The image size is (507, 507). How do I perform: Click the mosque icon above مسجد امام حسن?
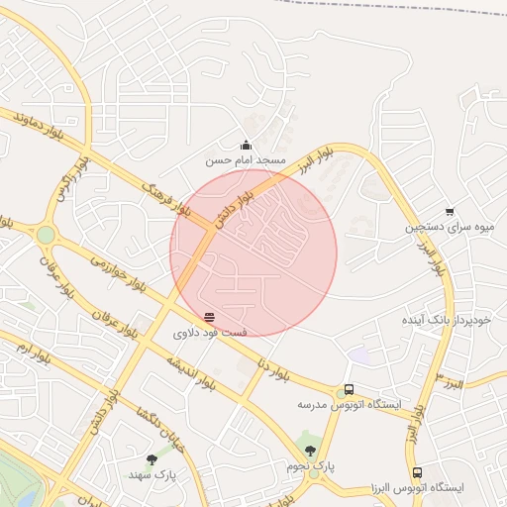coord(246,146)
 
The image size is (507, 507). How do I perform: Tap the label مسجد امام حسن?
coord(246,159)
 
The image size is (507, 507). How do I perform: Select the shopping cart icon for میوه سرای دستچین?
coord(450,211)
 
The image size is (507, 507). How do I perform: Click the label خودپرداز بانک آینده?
coord(446,321)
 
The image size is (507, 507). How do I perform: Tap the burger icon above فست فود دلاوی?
coord(208,318)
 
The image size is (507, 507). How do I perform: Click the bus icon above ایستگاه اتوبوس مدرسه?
coord(349,390)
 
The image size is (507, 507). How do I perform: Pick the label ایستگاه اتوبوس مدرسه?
coord(350,405)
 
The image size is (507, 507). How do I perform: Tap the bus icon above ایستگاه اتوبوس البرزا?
coord(417,473)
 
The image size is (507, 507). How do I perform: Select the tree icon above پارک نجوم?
coord(310,451)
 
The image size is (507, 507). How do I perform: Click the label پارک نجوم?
coord(311,465)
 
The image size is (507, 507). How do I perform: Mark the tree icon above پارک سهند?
coord(152,459)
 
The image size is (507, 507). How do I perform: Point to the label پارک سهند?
coord(152,474)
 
